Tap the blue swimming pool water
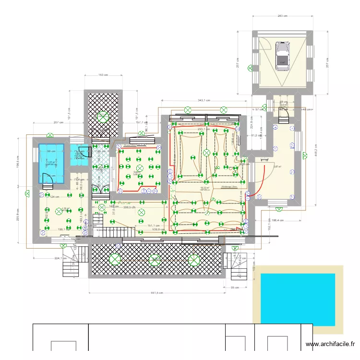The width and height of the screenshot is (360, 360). (x=297, y=300)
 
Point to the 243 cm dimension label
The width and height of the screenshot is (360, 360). (x=282, y=16)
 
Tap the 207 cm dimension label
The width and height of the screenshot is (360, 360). (x=59, y=123)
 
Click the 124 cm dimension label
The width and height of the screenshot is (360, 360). (x=55, y=197)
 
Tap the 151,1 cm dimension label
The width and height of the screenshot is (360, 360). (x=153, y=225)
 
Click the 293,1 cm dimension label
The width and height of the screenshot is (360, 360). (x=205, y=129)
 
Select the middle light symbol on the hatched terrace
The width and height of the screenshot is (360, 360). (x=155, y=259)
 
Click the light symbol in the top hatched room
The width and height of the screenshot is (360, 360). (x=103, y=116)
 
